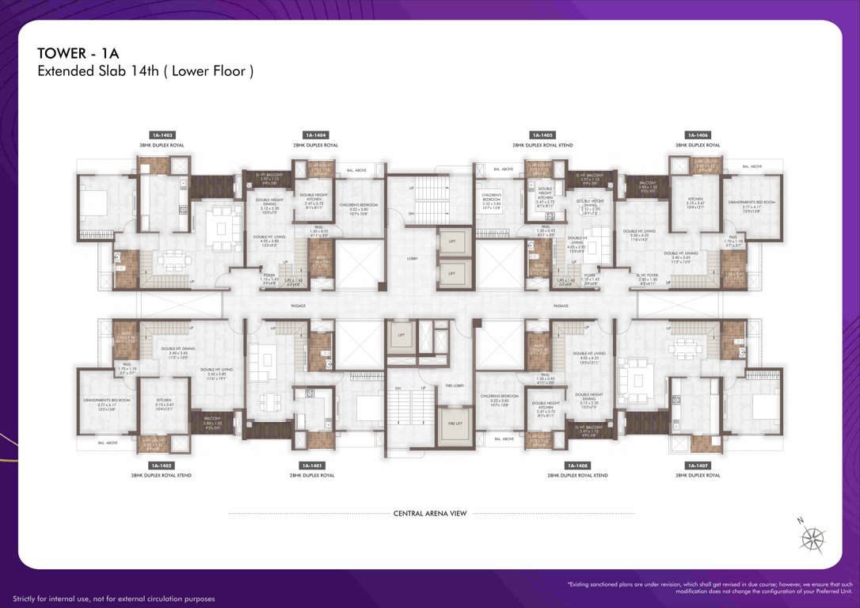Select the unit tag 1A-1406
click(698, 135)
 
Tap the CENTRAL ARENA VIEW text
click(430, 513)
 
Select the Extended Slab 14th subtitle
click(145, 71)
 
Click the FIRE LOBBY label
click(455, 386)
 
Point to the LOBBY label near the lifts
click(412, 258)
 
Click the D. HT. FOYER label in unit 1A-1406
click(648, 279)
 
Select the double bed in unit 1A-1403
click(98, 204)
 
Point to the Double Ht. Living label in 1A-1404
click(265, 240)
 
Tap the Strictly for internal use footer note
click(113, 599)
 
